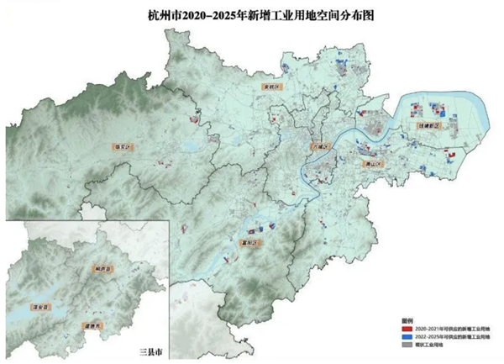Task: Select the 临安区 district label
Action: (x=124, y=147)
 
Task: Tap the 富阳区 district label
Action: (x=252, y=243)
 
